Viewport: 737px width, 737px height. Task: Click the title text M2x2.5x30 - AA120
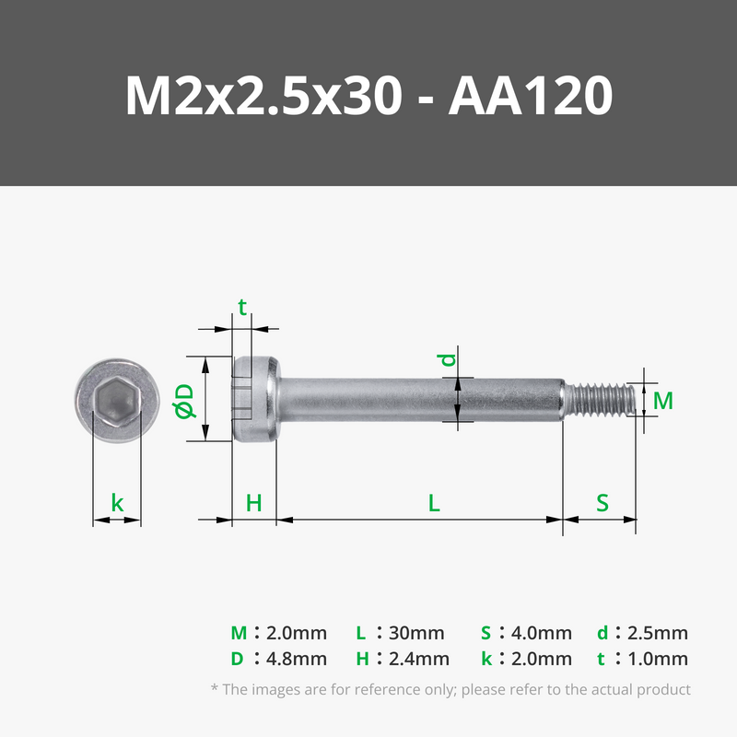pos(368,96)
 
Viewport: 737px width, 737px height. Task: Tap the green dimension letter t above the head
pos(242,308)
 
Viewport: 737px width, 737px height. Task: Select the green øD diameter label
pos(184,401)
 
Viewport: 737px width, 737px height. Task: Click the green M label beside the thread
pos(662,401)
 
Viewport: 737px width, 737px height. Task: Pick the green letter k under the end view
pos(117,502)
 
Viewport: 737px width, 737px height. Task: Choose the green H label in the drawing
pos(254,503)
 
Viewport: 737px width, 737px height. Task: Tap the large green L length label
pos(434,503)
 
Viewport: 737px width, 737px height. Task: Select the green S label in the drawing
pos(602,503)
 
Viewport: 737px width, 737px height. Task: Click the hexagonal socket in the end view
pos(117,400)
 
